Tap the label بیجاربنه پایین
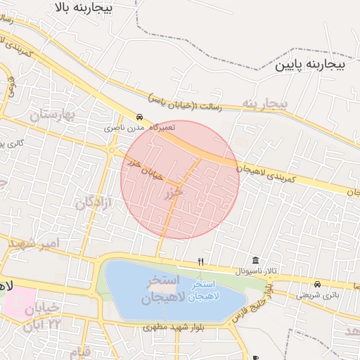pyautogui.click(x=310, y=65)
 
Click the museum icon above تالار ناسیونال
pyautogui.click(x=255, y=261)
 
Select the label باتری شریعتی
pyautogui.click(x=317, y=295)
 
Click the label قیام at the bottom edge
pyautogui.click(x=84, y=352)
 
